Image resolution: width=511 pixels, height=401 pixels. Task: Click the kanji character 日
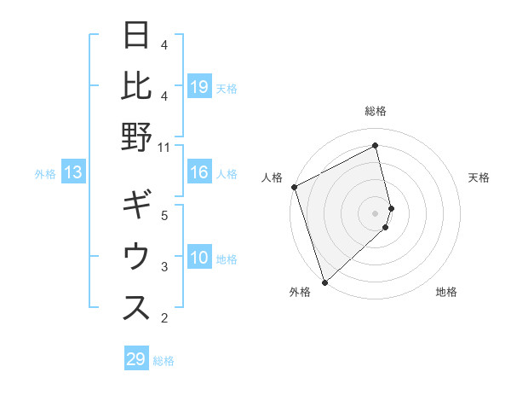point(137,37)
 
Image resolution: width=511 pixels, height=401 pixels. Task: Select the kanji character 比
point(137,88)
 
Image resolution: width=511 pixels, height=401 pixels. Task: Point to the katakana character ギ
point(137,207)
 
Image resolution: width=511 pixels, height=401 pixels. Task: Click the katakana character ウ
point(137,258)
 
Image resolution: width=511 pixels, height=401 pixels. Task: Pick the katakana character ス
point(137,309)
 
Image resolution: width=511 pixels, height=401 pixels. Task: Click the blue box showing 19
point(199,87)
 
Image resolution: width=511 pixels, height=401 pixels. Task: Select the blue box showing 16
point(199,173)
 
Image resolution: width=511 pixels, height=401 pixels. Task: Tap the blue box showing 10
point(199,259)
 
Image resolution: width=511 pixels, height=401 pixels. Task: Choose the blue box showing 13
point(73,173)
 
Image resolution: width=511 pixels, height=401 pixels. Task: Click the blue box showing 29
point(135,359)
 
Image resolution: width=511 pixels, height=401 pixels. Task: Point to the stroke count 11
point(164,146)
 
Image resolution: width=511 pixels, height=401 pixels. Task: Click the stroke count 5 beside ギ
point(164,215)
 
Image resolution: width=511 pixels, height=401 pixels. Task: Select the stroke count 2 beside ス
point(164,318)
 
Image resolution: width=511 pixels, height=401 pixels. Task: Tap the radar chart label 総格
point(376,111)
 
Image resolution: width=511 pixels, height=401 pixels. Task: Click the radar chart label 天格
point(479,177)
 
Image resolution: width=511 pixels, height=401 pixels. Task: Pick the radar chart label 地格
point(446,292)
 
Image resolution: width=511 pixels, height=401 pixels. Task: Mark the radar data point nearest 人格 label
point(294,187)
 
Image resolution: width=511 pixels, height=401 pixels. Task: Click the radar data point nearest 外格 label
point(324,282)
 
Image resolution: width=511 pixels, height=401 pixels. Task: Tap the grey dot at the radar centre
point(376,213)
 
